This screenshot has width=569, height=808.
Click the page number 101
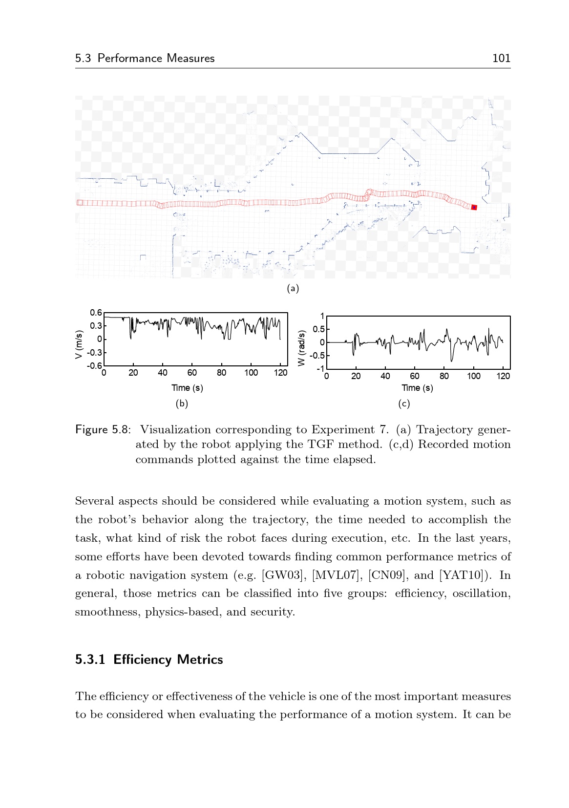[501, 58]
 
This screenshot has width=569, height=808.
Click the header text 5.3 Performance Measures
[145, 58]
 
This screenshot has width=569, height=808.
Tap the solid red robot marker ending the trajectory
[474, 208]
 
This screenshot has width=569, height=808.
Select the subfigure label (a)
[293, 288]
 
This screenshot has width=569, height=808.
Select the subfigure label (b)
[182, 404]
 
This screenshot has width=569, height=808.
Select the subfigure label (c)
[404, 404]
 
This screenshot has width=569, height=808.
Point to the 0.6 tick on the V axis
[96, 313]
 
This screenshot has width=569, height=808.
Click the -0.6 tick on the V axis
[95, 365]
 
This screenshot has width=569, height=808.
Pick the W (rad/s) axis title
[301, 348]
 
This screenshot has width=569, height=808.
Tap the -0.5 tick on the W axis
[316, 356]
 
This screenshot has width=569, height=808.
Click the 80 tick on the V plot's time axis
[221, 373]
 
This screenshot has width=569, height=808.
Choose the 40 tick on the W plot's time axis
[385, 376]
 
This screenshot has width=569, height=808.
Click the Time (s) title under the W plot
[417, 388]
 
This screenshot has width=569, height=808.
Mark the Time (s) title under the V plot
[187, 388]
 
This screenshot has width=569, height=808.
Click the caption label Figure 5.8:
[103, 430]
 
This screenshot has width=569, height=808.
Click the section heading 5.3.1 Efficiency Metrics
[149, 659]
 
